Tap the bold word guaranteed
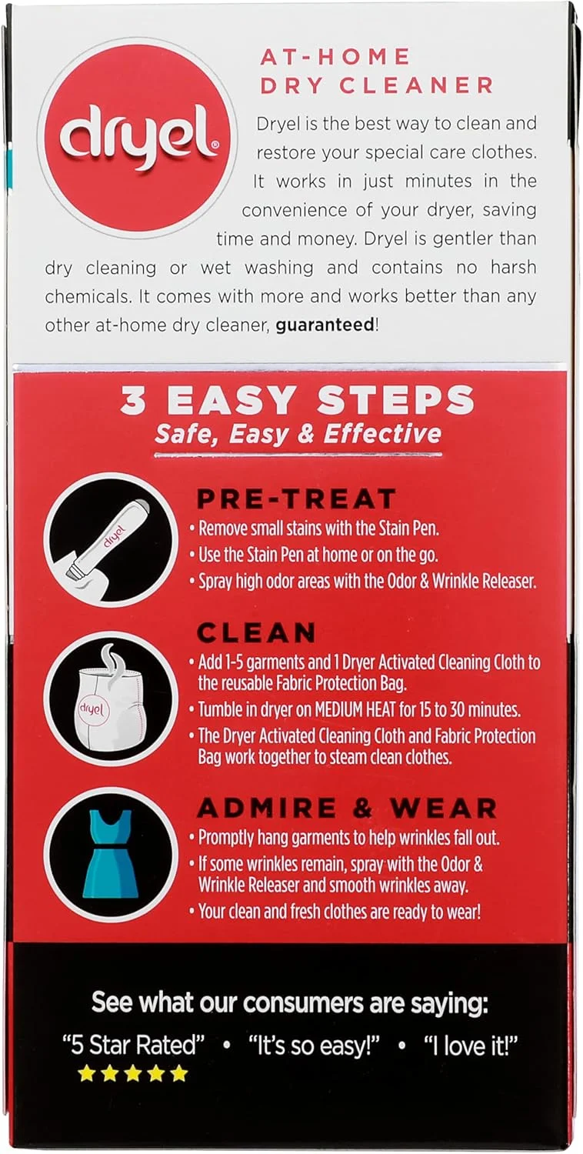tap(325, 325)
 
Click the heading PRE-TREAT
tap(297, 499)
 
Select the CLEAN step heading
tap(256, 632)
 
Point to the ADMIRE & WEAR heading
tap(347, 808)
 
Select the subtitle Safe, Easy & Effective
tap(298, 435)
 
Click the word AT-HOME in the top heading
tap(335, 55)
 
